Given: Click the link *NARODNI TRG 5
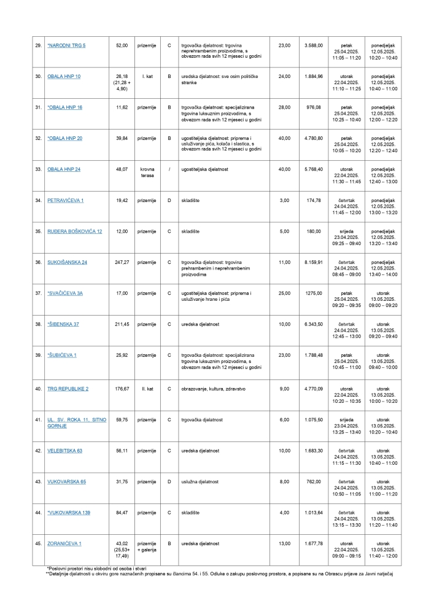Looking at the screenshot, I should [68, 45].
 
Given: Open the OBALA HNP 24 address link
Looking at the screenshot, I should [64, 169].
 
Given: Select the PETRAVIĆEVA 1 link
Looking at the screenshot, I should [66, 200].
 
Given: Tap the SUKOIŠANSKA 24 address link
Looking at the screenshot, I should [68, 262].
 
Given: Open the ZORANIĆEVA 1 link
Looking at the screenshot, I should [64, 543].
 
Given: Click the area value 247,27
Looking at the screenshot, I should [121, 262].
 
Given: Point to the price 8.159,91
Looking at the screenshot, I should [313, 262].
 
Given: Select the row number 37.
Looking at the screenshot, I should [38, 293].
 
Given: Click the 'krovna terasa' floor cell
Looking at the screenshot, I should [147, 173].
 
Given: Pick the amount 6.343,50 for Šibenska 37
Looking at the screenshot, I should [313, 324].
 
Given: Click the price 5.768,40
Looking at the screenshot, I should [313, 169].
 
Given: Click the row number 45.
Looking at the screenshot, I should [38, 543].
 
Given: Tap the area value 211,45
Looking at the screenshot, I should [121, 324].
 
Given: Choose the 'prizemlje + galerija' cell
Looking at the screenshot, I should [147, 546].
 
